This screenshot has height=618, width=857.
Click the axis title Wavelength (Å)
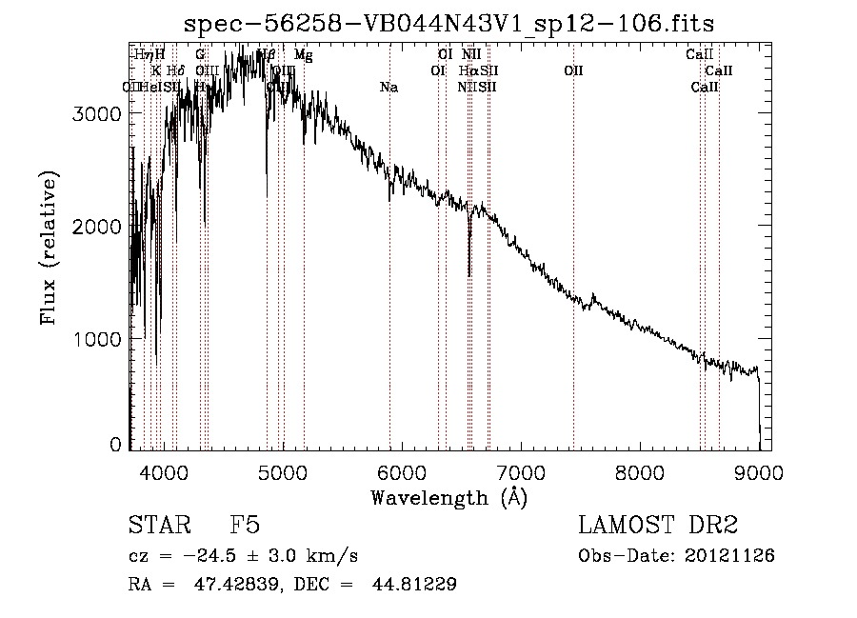448,496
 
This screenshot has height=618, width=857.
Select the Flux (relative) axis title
49,248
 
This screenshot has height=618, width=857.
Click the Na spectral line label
389,88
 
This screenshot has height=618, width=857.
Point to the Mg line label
303,55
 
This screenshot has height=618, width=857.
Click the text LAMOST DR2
658,525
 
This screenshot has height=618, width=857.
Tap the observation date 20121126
733,555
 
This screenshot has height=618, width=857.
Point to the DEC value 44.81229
418,585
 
